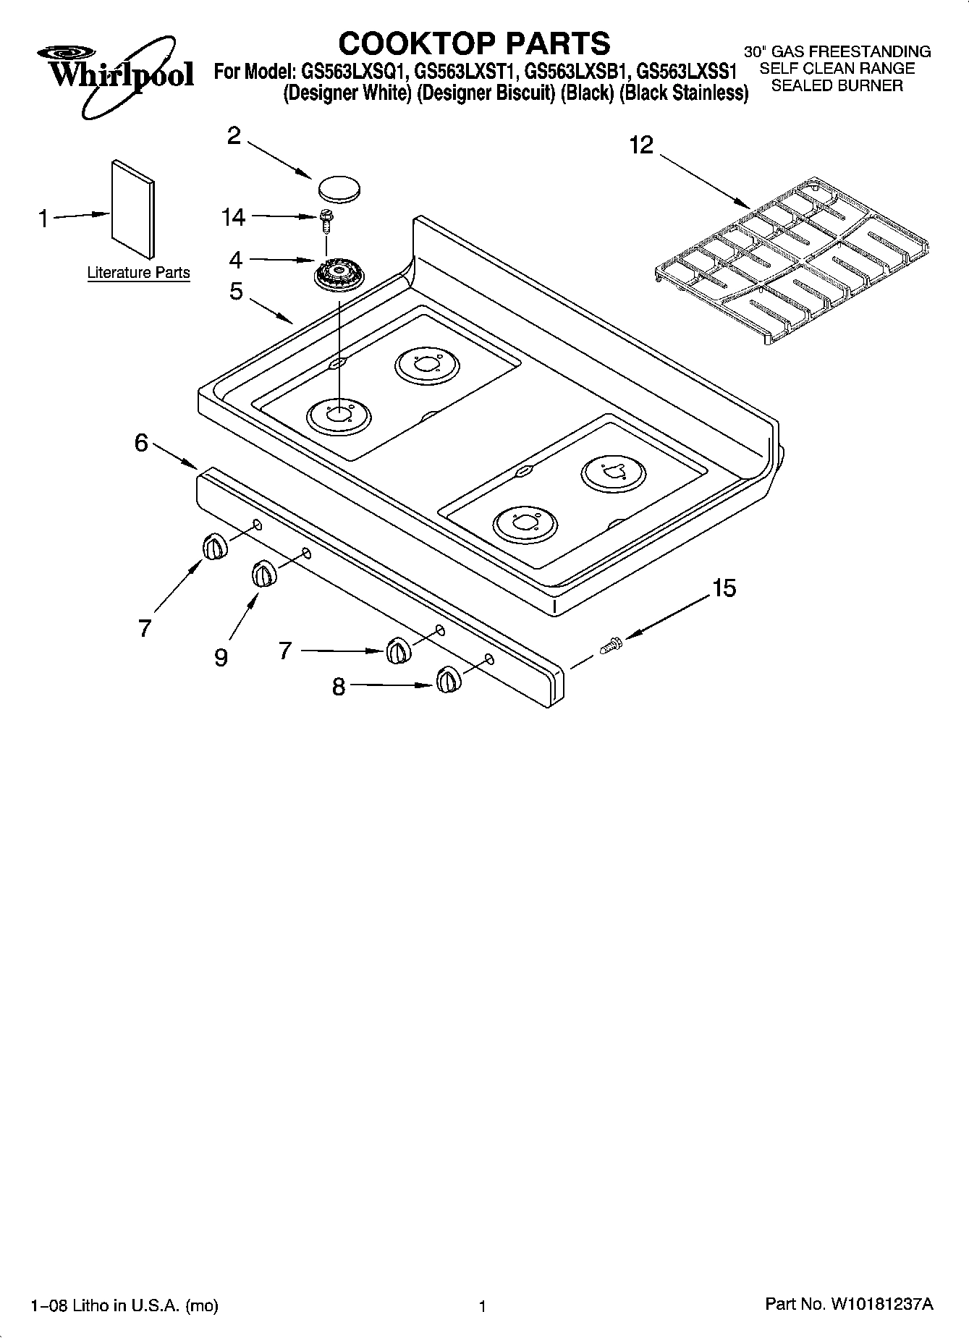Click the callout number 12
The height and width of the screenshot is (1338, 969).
641,145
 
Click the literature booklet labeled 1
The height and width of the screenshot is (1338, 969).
132,209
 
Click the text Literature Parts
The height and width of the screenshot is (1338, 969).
138,273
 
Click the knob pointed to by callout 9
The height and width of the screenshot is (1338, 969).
264,575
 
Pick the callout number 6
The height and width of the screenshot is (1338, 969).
142,443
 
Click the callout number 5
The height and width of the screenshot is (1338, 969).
236,292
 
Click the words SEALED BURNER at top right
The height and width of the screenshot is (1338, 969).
837,85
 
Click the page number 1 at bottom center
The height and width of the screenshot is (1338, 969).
481,1306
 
